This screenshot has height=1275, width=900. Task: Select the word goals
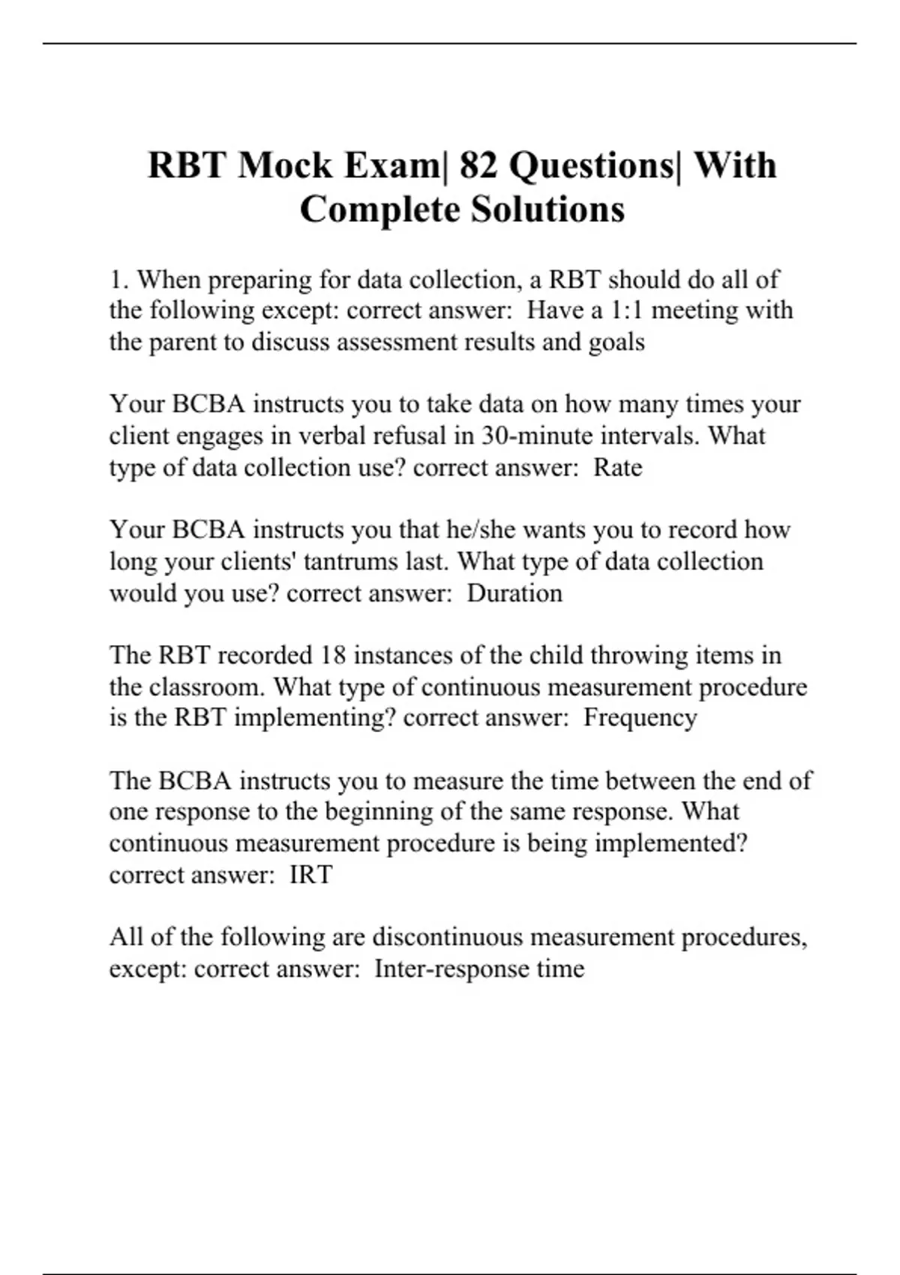616,342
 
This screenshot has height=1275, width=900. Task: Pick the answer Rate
618,467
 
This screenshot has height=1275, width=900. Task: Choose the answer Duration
514,593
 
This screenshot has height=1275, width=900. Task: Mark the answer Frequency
640,718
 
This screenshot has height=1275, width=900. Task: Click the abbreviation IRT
310,874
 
